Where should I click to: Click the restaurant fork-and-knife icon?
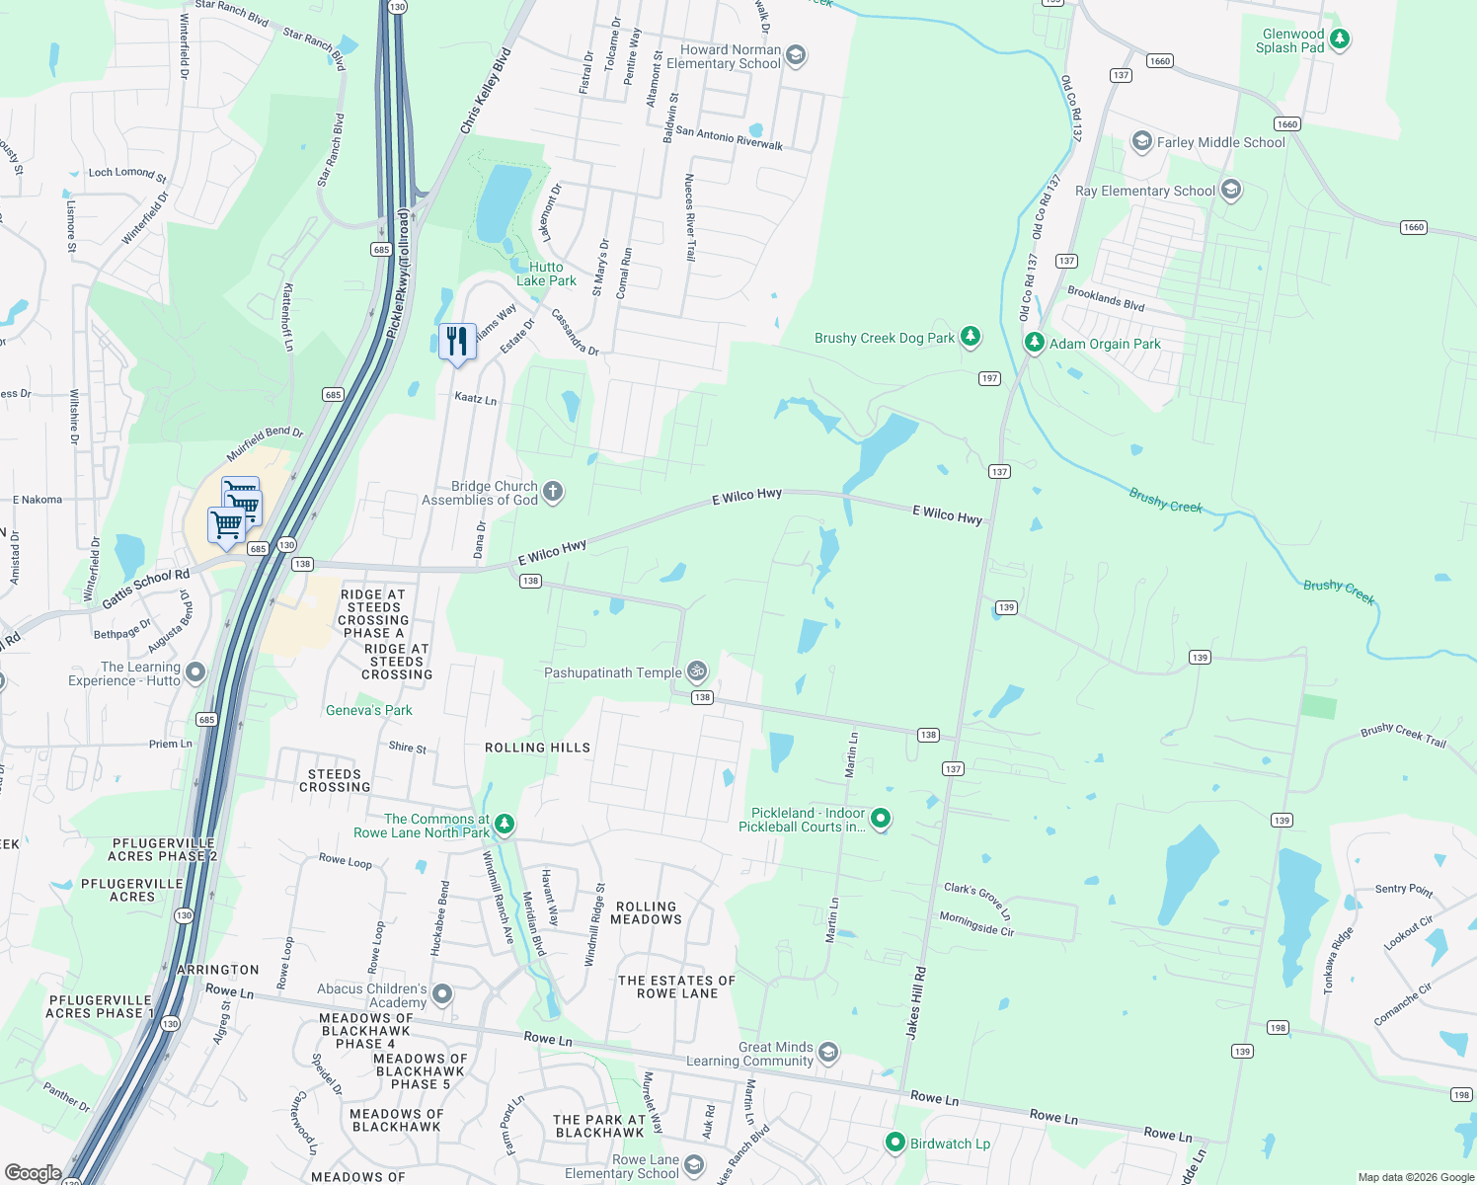[456, 342]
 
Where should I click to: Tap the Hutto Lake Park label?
[546, 275]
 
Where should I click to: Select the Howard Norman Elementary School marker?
[796, 55]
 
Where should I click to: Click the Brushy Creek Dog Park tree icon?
[971, 337]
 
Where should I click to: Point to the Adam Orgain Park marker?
[1034, 343]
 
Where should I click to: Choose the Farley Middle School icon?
[1141, 141]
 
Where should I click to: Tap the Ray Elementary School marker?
[1230, 190]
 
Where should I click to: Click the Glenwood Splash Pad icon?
[1339, 39]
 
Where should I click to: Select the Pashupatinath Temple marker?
[697, 671]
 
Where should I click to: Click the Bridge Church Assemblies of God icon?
[553, 492]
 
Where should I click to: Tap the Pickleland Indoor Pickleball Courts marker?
[881, 819]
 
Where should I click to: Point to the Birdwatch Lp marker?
[894, 1143]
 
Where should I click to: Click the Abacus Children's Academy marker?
[442, 994]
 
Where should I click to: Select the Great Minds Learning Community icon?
[828, 1053]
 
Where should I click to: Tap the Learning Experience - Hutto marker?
[195, 672]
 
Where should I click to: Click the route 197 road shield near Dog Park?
[989, 378]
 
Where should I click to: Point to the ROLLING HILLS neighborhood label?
[537, 748]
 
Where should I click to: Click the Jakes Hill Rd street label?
[916, 1002]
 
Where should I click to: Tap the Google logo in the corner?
[33, 1173]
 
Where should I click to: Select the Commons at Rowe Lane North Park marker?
[504, 824]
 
